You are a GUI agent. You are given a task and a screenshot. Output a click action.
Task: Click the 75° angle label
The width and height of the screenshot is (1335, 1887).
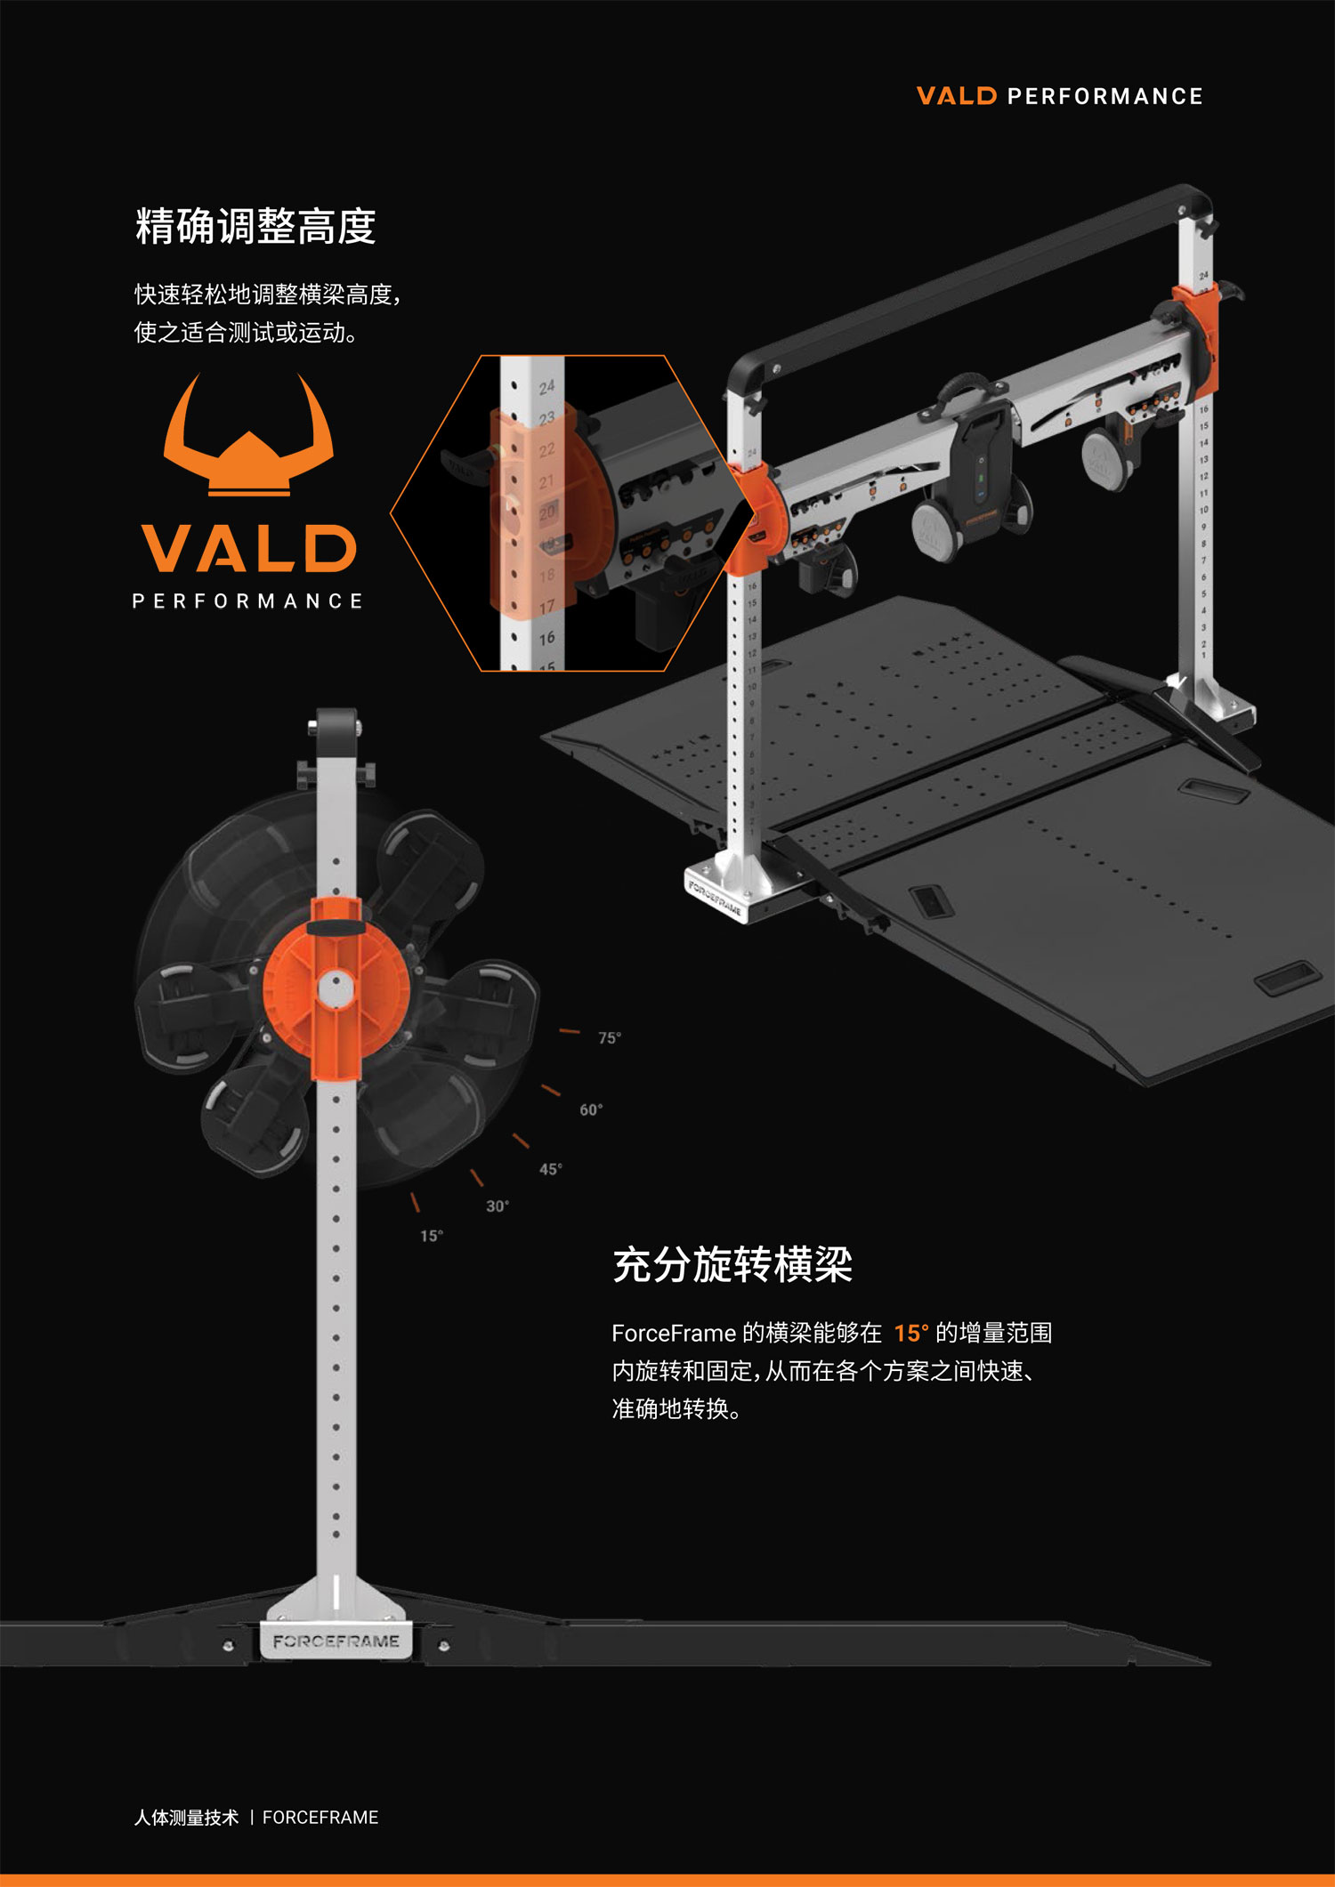coord(610,1038)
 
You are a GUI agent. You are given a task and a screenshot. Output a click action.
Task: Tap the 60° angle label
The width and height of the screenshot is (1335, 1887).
coord(591,1109)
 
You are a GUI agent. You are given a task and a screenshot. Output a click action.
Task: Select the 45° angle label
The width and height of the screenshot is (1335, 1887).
coord(551,1169)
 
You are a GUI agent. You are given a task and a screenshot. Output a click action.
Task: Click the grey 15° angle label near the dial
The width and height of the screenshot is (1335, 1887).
coord(432,1236)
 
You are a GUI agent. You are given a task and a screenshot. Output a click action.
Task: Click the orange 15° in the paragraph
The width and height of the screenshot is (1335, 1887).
coord(911,1333)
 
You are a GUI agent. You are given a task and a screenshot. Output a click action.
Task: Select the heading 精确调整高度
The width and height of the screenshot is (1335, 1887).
coord(255,226)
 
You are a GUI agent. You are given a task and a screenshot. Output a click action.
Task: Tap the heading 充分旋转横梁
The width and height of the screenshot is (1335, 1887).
coord(732,1264)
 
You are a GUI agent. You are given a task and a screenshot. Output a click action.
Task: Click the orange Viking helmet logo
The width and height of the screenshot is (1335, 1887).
coord(248,436)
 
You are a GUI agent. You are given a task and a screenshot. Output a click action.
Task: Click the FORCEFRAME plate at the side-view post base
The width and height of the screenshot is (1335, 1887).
coord(336,1641)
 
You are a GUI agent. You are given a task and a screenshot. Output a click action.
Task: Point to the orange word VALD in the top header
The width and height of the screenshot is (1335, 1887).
coord(957,96)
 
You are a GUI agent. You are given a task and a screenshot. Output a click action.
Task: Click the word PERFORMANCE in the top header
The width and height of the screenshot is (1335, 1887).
coord(1104,96)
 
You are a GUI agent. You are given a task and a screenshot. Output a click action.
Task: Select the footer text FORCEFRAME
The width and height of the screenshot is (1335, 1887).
coord(320,1817)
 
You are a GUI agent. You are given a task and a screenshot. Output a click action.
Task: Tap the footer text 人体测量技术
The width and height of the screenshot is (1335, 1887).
coord(187,1817)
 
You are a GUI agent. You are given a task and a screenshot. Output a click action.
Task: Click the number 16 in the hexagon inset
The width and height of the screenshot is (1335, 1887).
coord(546,638)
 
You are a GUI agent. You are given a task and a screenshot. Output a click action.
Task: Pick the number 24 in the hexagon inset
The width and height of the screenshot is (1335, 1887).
coord(546,387)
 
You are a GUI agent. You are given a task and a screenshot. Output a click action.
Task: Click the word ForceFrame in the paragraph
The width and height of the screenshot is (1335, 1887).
coord(674,1333)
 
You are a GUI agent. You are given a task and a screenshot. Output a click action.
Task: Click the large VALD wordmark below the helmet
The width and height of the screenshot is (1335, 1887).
coord(248,548)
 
